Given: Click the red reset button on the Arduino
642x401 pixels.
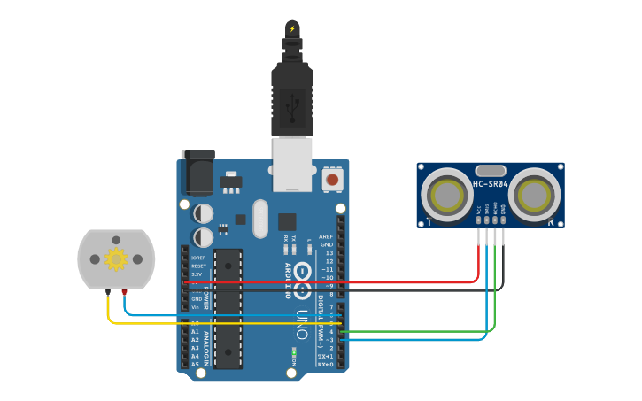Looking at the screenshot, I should pyautogui.click(x=332, y=180).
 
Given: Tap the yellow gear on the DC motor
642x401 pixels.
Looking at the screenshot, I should pyautogui.click(x=116, y=258).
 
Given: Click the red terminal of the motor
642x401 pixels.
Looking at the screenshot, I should pyautogui.click(x=124, y=291).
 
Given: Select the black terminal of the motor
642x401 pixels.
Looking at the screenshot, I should pyautogui.click(x=108, y=291).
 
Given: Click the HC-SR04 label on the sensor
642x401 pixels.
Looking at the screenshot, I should pyautogui.click(x=490, y=184).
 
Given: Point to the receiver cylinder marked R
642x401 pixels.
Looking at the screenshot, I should pyautogui.click(x=536, y=192).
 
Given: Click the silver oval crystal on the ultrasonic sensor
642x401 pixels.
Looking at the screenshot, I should pyautogui.click(x=490, y=170).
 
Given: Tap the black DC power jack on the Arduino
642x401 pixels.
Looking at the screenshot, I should pyautogui.click(x=197, y=172).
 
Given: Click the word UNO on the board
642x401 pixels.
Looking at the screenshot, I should pyautogui.click(x=302, y=324).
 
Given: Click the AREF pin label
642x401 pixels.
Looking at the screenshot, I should pyautogui.click(x=326, y=236).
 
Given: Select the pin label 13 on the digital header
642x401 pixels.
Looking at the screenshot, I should pyautogui.click(x=329, y=253).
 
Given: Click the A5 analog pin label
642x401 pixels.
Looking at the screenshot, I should pyautogui.click(x=195, y=364).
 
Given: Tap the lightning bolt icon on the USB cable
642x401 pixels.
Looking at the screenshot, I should pyautogui.click(x=292, y=28).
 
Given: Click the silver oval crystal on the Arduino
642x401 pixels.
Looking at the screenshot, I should pyautogui.click(x=259, y=218).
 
